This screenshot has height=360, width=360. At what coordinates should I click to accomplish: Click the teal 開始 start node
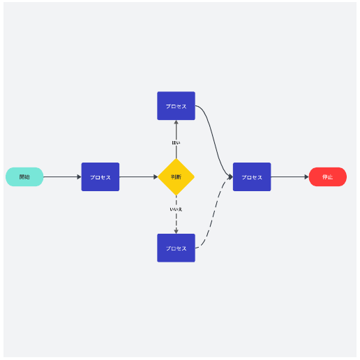pos(24,177)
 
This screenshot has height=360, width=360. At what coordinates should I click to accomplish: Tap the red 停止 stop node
pos(328,177)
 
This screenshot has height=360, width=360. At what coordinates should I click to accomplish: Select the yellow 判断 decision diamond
pos(176,177)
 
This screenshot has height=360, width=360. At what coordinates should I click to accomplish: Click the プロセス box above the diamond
pos(176,106)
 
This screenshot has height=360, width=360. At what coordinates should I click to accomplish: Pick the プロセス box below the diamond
pos(176,248)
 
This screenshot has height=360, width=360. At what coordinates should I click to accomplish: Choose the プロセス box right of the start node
pos(100,177)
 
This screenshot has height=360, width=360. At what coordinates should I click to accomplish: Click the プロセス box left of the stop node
pos(252,177)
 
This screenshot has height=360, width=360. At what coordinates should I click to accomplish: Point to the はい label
pos(176,142)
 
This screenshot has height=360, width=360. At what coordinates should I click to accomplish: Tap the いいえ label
pos(176,209)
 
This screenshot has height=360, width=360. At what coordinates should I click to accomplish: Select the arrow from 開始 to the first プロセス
pos(62,177)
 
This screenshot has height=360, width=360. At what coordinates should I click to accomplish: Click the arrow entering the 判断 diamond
pos(139,177)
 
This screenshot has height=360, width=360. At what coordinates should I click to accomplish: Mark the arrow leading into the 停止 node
pos(290,177)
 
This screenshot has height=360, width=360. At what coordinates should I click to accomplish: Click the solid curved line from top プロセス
pos(214,142)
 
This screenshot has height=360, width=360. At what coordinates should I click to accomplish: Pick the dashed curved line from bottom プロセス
pos(214,212)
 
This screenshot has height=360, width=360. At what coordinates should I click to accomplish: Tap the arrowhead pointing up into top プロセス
pos(176,122)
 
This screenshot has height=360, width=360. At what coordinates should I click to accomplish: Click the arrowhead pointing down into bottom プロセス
pos(176,232)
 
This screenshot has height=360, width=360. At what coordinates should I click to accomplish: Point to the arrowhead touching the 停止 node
pos(306,177)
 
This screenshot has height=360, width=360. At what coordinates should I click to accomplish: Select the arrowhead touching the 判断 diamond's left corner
pos(156,177)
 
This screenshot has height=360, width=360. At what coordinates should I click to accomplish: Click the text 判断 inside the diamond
pos(176,177)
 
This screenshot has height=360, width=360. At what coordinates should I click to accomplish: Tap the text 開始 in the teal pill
pos(24,177)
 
